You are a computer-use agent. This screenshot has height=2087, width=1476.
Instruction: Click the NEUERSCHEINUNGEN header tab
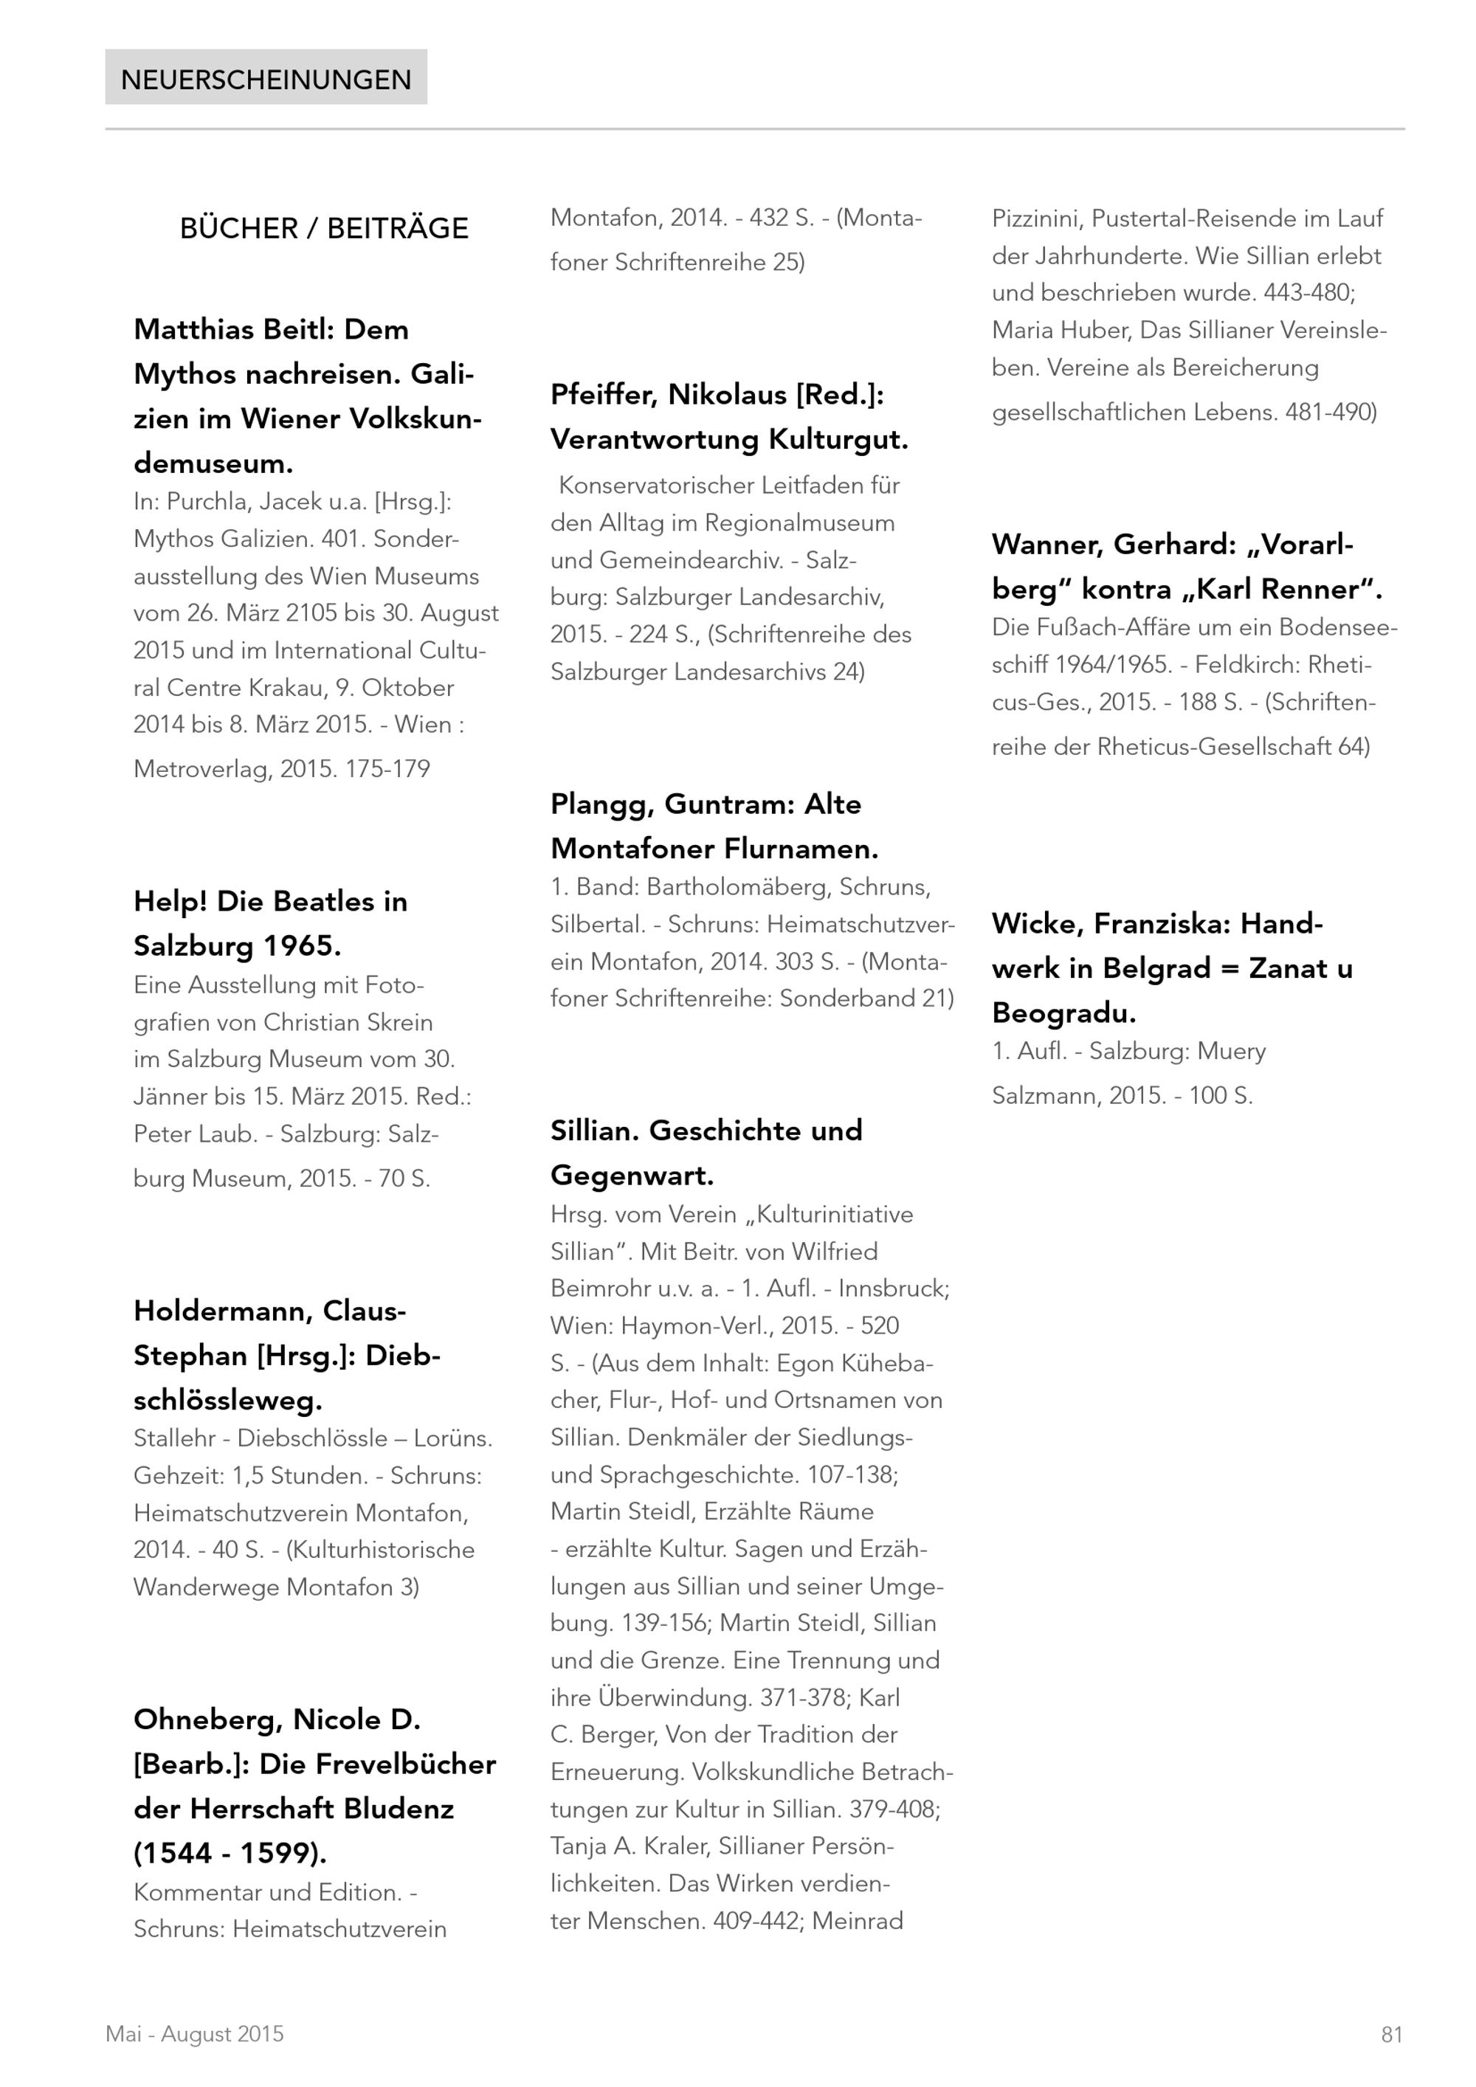coord(266,79)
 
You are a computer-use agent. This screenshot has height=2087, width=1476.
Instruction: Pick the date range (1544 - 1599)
coord(230,1852)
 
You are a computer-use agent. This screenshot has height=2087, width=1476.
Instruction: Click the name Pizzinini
coord(1038,218)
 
